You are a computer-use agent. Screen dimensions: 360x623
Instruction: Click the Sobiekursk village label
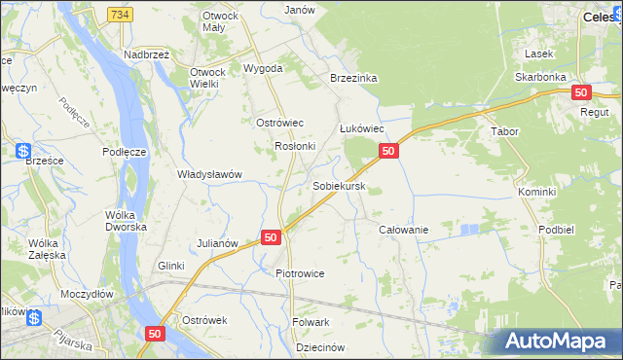[339, 185]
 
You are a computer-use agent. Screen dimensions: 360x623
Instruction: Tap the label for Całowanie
[403, 229]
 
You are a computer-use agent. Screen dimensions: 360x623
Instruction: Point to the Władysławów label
[208, 174]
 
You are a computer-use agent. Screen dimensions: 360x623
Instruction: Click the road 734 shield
[120, 15]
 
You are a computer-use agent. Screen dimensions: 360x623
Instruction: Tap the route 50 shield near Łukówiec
[387, 151]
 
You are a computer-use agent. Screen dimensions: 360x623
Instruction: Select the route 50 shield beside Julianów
[271, 236]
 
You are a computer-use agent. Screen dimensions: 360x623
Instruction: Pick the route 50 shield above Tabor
[580, 92]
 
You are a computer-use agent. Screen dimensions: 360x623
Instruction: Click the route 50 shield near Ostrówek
[155, 333]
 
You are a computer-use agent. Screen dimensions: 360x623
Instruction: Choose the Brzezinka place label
[353, 79]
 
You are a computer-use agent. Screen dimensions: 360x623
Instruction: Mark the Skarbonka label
[542, 76]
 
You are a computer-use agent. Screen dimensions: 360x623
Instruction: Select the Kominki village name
[536, 192]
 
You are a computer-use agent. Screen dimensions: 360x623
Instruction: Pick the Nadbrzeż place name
[147, 55]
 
